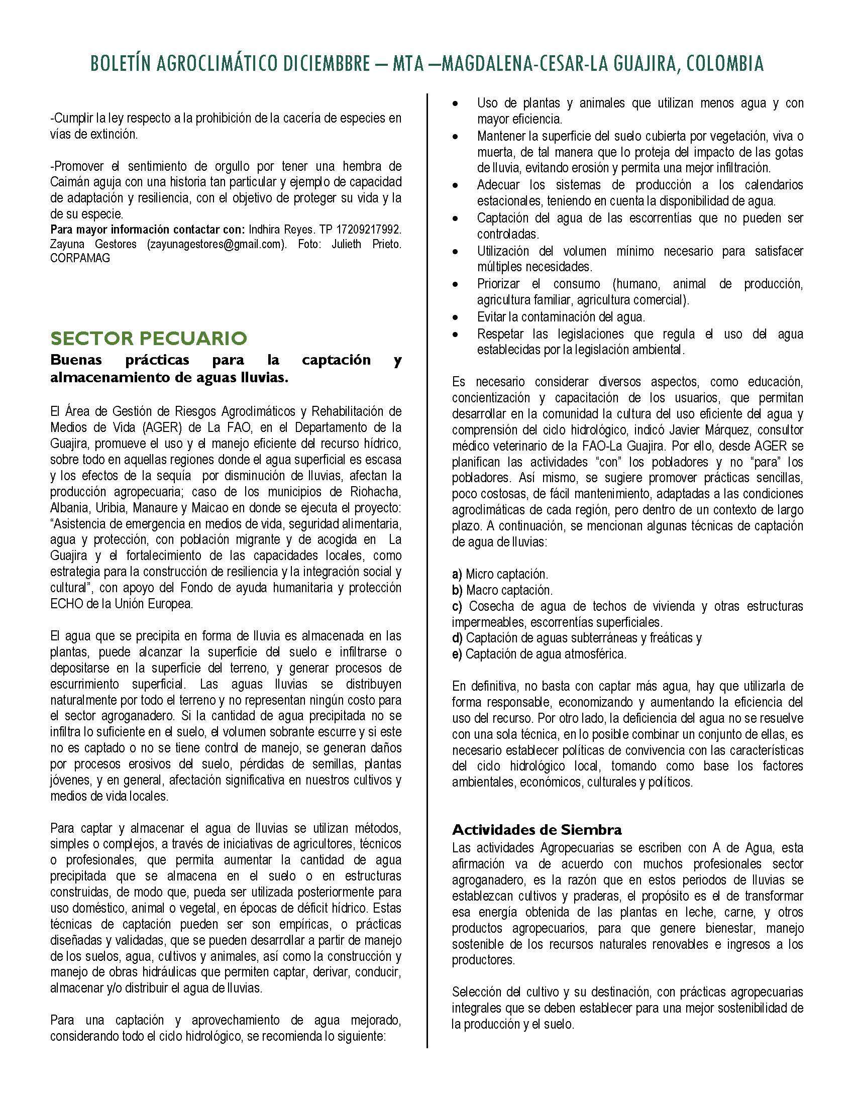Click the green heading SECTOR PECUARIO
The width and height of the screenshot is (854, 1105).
click(149, 338)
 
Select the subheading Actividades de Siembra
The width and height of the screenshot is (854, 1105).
click(537, 830)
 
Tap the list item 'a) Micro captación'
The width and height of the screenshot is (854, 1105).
click(500, 574)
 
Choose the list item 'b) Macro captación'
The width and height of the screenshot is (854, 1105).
click(502, 590)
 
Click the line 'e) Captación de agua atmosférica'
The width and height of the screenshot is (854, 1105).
click(540, 653)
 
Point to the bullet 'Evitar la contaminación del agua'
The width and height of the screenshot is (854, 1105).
click(561, 317)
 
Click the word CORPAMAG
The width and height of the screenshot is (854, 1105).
click(80, 258)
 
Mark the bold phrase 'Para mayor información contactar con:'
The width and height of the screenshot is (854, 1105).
click(148, 230)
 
